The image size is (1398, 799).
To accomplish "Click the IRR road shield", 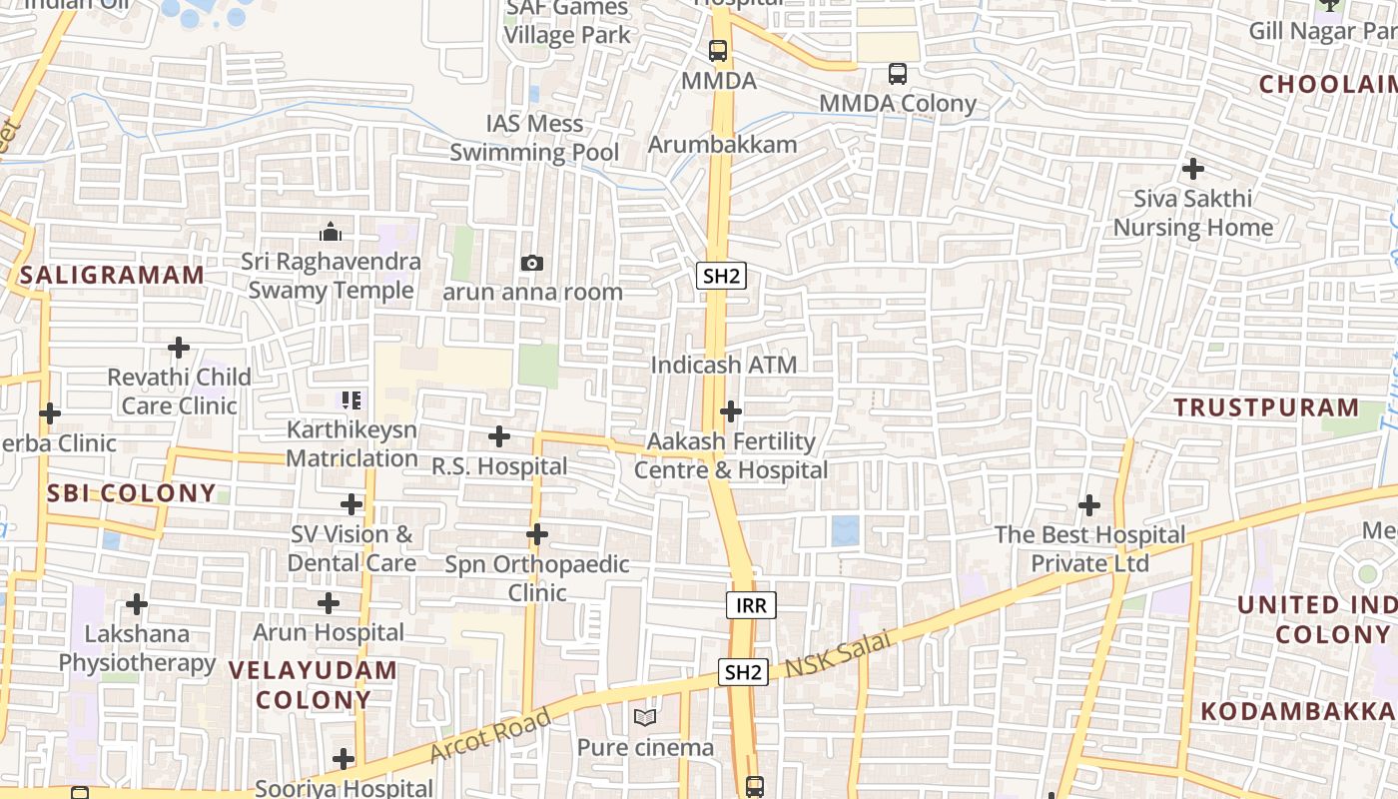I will click(750, 604).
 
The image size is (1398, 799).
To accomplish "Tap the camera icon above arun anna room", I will click(532, 263).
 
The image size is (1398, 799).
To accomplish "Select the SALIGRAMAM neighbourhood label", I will click(112, 275).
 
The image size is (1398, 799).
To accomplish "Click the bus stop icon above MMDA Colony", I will click(898, 73).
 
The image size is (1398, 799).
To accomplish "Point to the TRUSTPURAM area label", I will click(1266, 407).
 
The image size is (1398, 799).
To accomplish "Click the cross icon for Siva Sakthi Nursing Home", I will click(1192, 168).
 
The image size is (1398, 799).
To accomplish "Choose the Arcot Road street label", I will click(490, 735).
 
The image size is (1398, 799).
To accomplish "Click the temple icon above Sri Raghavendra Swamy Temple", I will click(331, 233).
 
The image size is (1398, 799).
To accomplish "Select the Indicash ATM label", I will click(724, 365).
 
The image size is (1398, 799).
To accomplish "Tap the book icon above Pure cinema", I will click(645, 717).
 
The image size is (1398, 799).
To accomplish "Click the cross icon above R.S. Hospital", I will click(499, 436).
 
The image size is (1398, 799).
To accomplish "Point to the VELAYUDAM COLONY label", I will click(313, 684).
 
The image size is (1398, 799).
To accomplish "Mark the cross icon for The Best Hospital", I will click(1089, 504).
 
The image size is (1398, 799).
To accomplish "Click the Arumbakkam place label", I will click(723, 144).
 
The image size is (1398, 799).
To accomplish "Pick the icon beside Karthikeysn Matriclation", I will click(351, 400).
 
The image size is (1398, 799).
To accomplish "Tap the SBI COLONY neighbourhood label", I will click(131, 492).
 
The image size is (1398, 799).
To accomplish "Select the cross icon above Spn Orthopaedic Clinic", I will click(537, 534).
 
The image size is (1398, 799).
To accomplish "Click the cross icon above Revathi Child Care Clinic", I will click(179, 348).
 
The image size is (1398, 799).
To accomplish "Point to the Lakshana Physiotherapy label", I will click(137, 648).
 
